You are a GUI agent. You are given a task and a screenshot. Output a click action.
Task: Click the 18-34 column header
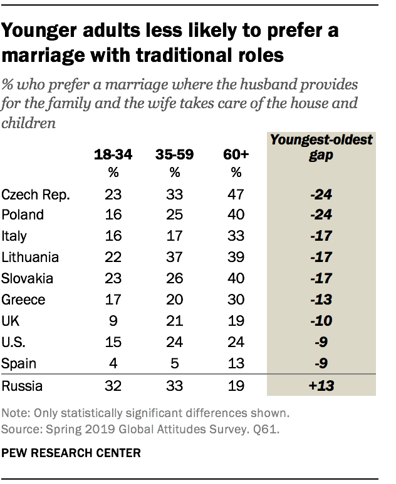coord(113,154)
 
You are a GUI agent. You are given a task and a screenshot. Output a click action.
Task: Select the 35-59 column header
coord(175,154)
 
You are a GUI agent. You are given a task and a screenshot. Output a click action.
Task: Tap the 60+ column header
coord(236,154)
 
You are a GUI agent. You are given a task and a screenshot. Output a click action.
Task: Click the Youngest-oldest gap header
coord(320,147)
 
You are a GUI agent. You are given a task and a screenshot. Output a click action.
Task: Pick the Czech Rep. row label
coord(36,194)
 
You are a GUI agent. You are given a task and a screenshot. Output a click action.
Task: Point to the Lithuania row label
coord(31,257)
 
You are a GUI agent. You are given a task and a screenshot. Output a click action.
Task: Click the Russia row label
coord(23,385)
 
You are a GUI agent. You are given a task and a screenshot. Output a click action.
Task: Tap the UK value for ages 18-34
coord(113,321)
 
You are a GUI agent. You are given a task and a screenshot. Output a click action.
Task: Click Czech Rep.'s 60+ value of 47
coord(236,194)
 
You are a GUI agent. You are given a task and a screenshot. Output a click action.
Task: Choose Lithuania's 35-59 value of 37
coord(175,257)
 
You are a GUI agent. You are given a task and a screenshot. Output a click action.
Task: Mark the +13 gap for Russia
coord(320,385)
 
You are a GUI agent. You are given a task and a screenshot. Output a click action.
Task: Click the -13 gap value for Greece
coord(320,300)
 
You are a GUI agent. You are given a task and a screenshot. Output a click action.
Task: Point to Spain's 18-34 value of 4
coord(113,363)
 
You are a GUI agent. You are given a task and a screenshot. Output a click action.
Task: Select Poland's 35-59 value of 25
coord(175,214)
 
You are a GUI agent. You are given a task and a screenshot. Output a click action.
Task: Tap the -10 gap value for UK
coord(320,321)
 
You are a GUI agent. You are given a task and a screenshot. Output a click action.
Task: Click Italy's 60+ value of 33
coord(236,236)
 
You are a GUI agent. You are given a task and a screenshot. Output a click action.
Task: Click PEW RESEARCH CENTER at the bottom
coord(71,452)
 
